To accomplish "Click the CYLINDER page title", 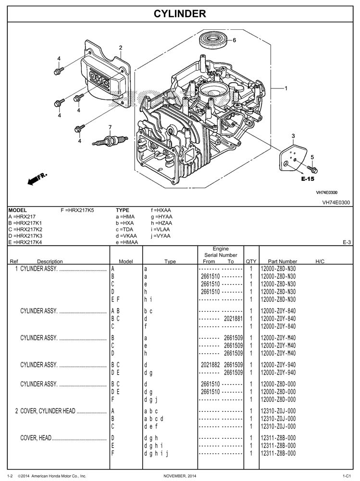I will pos(180,14).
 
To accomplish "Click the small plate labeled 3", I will pos(293,157).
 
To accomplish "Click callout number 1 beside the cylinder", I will pos(286,88).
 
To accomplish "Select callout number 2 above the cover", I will pos(120,47).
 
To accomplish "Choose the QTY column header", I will pos(251,261).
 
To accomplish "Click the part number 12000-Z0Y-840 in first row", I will pos(278,311).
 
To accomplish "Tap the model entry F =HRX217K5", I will pos(77,210).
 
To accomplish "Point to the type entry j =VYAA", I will pos(161,236).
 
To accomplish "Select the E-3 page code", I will pos(347,242).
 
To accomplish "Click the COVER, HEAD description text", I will pos(36,438).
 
